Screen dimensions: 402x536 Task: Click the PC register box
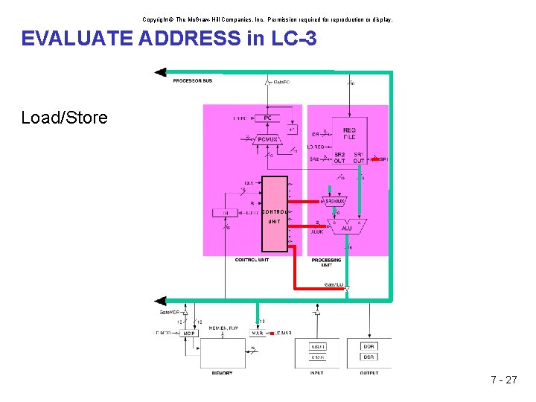click(267, 118)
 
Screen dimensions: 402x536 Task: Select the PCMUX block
click(267, 138)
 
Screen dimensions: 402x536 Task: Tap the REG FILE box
click(349, 133)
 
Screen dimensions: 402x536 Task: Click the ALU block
click(348, 228)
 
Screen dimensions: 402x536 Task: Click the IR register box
click(226, 213)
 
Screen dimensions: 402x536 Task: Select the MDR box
click(190, 333)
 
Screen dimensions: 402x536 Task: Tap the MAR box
click(257, 333)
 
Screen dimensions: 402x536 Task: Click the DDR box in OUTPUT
click(369, 346)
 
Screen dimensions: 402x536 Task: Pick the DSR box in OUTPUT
click(369, 357)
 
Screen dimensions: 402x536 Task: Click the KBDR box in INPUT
click(316, 346)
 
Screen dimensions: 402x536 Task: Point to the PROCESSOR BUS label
click(193, 80)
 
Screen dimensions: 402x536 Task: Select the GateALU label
click(334, 285)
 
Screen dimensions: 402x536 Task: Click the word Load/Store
click(64, 118)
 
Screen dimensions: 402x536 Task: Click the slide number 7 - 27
click(504, 380)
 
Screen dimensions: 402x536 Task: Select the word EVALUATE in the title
click(77, 38)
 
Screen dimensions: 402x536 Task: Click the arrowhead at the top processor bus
click(159, 72)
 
